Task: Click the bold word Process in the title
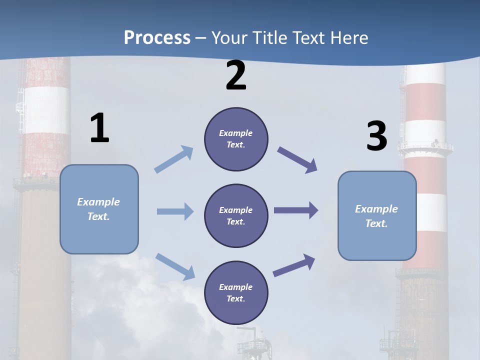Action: [x=157, y=37]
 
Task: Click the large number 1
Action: [x=99, y=128]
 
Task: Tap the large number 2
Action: [x=236, y=75]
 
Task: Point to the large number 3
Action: [x=376, y=136]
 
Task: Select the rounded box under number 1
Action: [x=99, y=209]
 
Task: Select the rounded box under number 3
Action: [x=377, y=215]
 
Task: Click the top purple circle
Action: [x=236, y=139]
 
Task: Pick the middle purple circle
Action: [x=236, y=215]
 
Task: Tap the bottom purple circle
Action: [x=236, y=292]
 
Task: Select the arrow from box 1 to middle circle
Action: [x=174, y=211]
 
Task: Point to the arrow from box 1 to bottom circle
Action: [x=175, y=266]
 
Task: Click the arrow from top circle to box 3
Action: [x=297, y=160]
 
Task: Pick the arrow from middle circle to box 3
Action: [x=295, y=210]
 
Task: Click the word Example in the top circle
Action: [x=236, y=133]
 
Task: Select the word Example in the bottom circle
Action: [x=236, y=287]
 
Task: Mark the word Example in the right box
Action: [x=376, y=209]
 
